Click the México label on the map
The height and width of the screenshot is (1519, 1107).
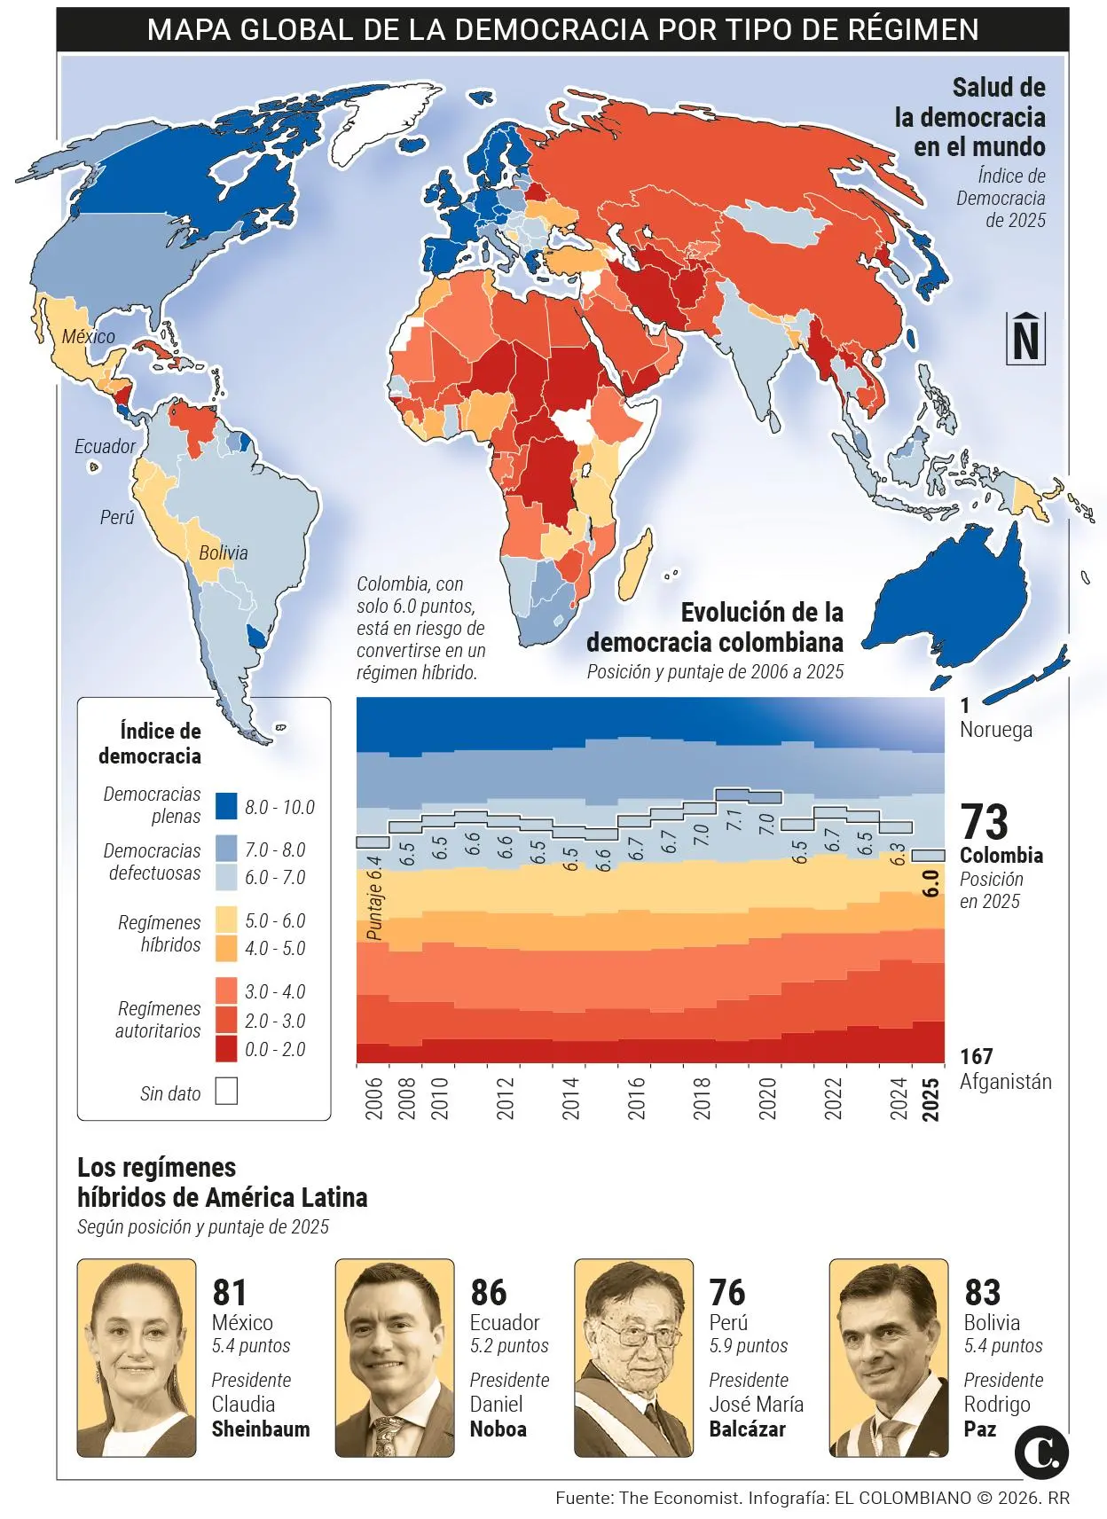pyautogui.click(x=88, y=337)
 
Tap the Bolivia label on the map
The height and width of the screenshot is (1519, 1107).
pyautogui.click(x=223, y=553)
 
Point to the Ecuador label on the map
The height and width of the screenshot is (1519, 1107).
pyautogui.click(x=105, y=447)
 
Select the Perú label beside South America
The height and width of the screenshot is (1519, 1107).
pyautogui.click(x=116, y=518)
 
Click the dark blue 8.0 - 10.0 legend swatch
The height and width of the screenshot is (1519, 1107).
pyautogui.click(x=226, y=806)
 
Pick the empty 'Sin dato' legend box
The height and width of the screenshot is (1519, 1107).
pyautogui.click(x=226, y=1092)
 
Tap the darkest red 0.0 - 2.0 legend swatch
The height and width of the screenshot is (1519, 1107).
pyautogui.click(x=226, y=1049)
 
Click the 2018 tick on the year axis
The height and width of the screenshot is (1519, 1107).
pyautogui.click(x=702, y=1098)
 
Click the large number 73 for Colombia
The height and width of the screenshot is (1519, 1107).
pyautogui.click(x=985, y=823)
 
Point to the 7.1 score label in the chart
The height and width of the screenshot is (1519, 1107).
pyautogui.click(x=734, y=820)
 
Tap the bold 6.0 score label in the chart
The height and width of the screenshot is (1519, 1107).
pyautogui.click(x=930, y=883)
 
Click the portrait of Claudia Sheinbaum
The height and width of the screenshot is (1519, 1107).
pyautogui.click(x=136, y=1358)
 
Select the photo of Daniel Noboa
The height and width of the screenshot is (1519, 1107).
pyautogui.click(x=394, y=1358)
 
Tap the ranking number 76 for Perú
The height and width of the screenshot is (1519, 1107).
pyautogui.click(x=727, y=1293)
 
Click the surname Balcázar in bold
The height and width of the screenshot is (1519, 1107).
pyautogui.click(x=747, y=1429)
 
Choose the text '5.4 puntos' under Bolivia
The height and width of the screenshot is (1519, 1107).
pyautogui.click(x=1003, y=1346)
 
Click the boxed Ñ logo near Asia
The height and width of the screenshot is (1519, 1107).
pyautogui.click(x=1025, y=339)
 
